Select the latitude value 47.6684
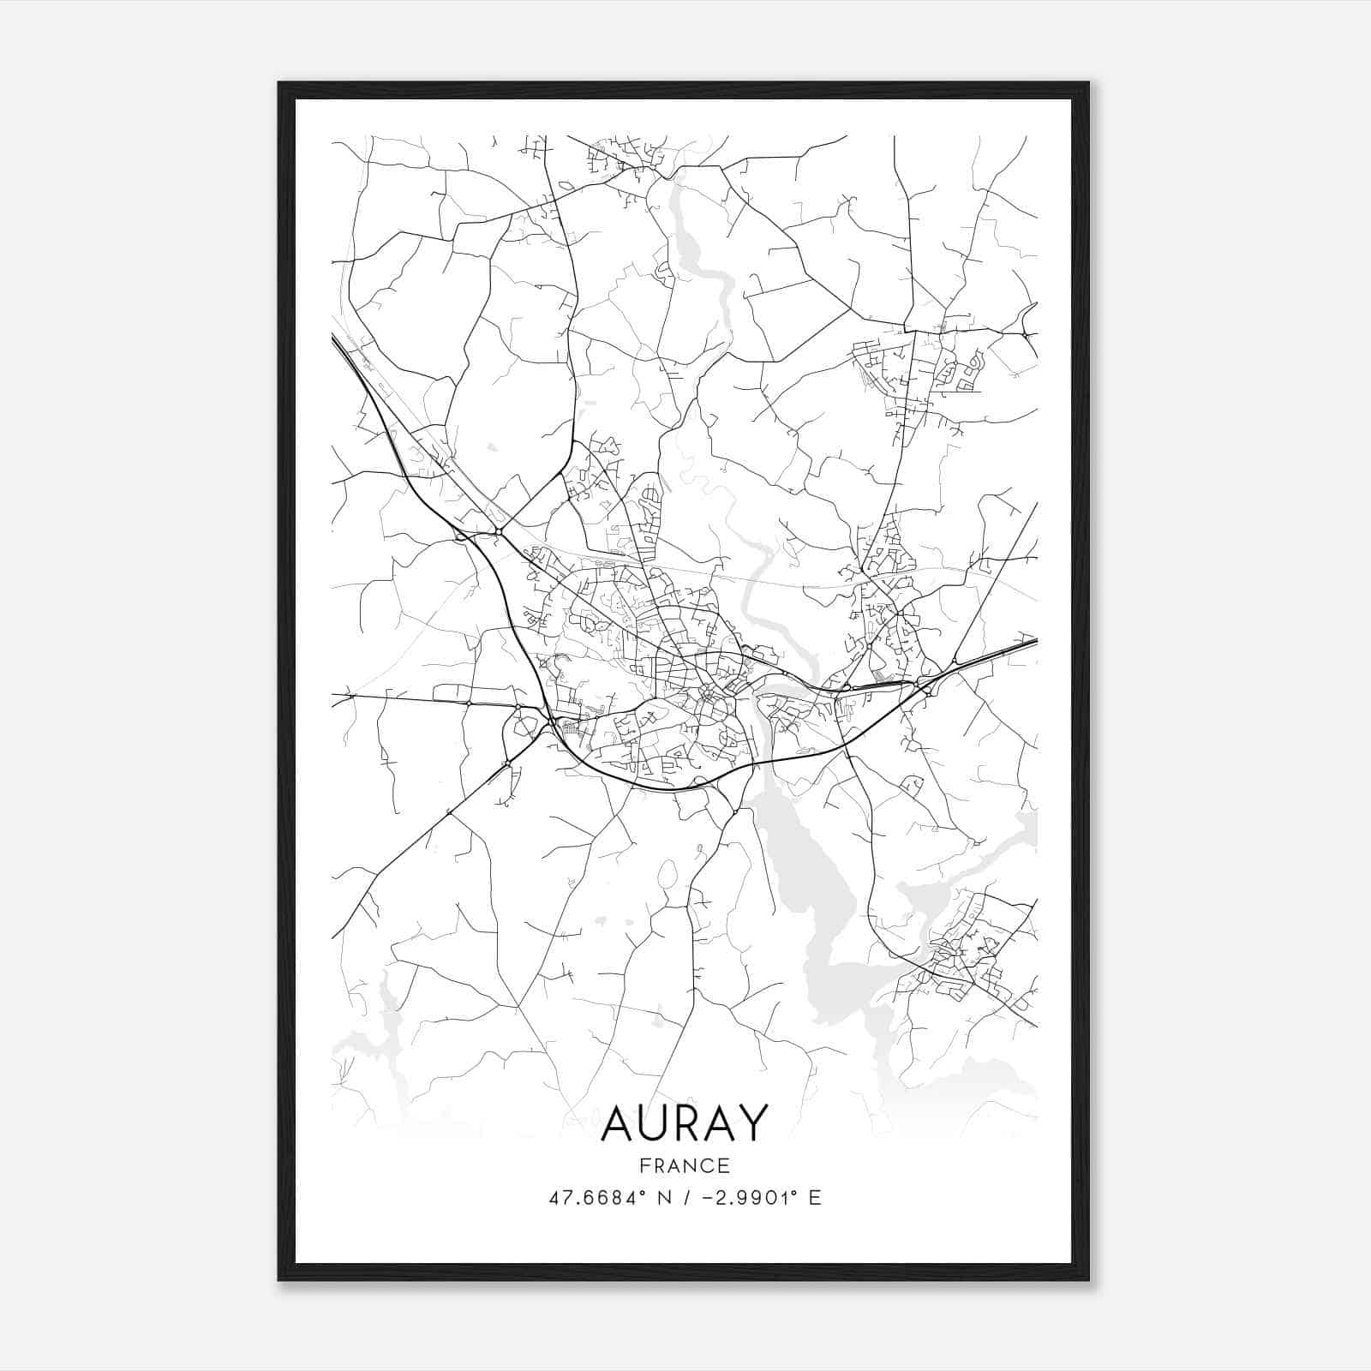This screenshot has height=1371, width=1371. pyautogui.click(x=590, y=1198)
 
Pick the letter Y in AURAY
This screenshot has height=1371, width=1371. pyautogui.click(x=749, y=1123)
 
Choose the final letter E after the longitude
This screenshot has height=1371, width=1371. pyautogui.click(x=815, y=1198)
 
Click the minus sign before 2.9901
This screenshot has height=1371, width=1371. pyautogui.click(x=709, y=1198)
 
